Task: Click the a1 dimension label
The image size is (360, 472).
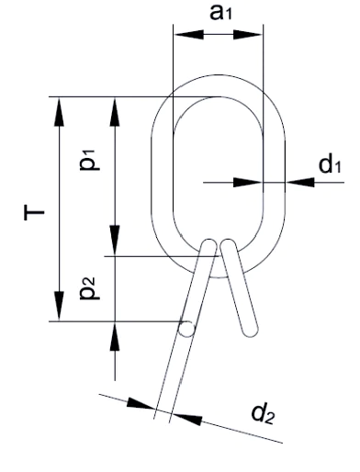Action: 220,13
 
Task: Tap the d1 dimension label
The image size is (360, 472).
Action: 330,164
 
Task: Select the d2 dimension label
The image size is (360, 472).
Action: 263,413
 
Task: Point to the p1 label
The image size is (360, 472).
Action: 90,159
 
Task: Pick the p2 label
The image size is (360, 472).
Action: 90,288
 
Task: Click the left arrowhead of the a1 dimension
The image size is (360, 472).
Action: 188,35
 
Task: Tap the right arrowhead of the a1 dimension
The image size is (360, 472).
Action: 248,35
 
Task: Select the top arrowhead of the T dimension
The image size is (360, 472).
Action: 59,112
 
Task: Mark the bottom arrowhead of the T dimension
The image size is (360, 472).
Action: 59,306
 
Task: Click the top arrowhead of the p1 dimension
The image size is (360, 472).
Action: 115,112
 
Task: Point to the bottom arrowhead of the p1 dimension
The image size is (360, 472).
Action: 115,241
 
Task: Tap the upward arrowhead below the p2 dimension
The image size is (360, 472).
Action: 115,337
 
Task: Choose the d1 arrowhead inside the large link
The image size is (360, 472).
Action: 248,183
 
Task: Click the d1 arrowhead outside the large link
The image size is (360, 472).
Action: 300,183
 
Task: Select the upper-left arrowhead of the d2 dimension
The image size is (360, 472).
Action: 141,403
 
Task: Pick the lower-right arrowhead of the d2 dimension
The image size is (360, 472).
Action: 186,418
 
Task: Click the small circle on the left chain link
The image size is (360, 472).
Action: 186,329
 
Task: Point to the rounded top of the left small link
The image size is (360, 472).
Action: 209,243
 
